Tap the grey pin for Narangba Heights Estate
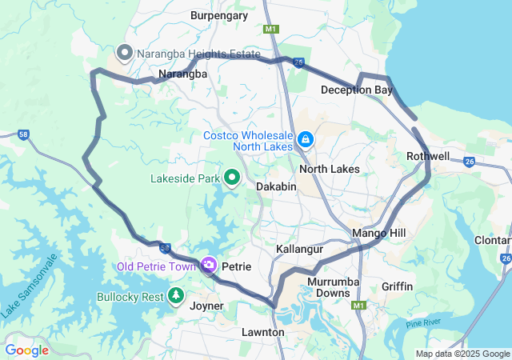point(125,54)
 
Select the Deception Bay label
point(357,90)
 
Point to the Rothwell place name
point(428,156)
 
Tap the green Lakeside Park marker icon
point(233,178)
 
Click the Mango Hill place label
point(379,234)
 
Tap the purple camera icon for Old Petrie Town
point(209,265)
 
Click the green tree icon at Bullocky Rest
point(176,297)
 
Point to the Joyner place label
point(206,305)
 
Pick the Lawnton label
point(262,331)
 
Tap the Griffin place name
point(397,286)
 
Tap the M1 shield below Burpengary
point(271,29)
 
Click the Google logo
point(26,350)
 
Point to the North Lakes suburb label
point(329,169)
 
